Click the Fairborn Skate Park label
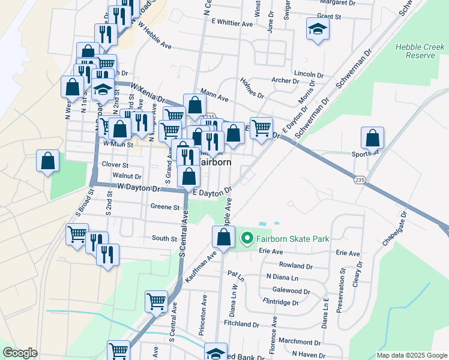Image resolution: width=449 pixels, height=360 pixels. pyautogui.click(x=293, y=239)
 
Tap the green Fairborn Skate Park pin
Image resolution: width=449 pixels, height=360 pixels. pyautogui.click(x=246, y=239)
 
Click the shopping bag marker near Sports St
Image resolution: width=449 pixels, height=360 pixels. pyautogui.click(x=373, y=139)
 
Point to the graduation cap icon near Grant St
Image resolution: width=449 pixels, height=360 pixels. pyautogui.click(x=317, y=29)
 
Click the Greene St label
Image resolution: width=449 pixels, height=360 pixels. pyautogui.click(x=165, y=208)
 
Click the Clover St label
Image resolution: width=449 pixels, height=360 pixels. pyautogui.click(x=115, y=164)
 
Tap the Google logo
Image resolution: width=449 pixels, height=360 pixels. pyautogui.click(x=20, y=353)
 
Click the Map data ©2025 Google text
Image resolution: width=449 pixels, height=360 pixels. pyautogui.click(x=411, y=355)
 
